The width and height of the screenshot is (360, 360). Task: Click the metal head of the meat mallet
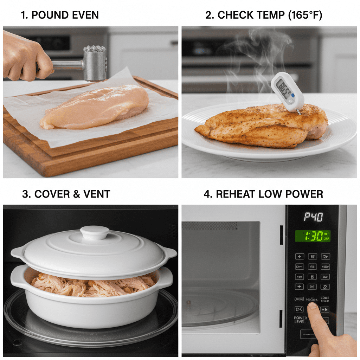pyautogui.click(x=95, y=64)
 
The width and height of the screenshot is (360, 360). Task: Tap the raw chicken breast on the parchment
pyautogui.click(x=95, y=105)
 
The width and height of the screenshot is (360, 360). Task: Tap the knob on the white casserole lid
pyautogui.click(x=95, y=232)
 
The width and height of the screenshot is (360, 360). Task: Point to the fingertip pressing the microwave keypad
pyautogui.click(x=312, y=307)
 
